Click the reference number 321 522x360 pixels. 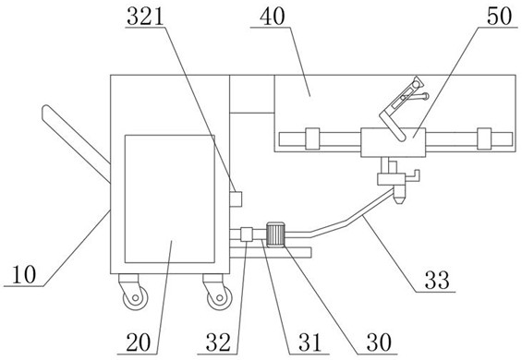[145, 17]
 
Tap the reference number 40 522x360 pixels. [273, 17]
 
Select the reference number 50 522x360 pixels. [499, 17]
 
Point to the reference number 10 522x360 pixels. [24, 275]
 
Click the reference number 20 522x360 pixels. [139, 342]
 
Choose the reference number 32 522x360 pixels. [218, 342]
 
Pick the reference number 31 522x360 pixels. [310, 342]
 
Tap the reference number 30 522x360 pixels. [379, 342]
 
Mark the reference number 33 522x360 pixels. [437, 280]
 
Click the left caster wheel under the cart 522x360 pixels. [135, 297]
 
